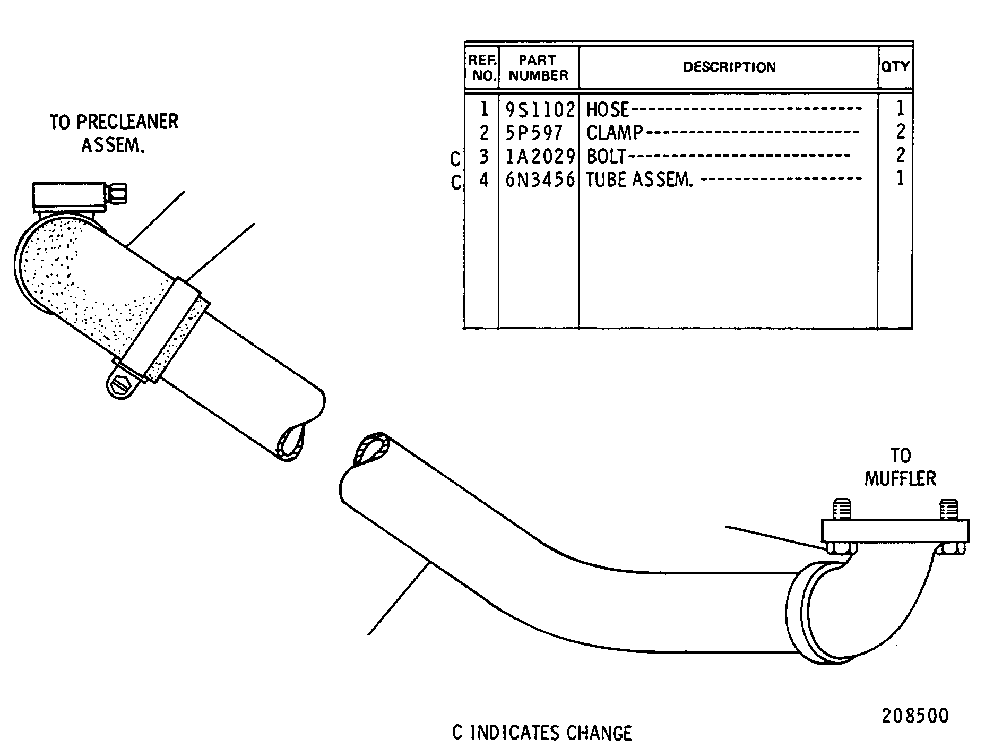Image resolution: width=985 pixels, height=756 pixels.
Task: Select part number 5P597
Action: point(533,132)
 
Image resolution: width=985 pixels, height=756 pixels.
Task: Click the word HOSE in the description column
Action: point(607,110)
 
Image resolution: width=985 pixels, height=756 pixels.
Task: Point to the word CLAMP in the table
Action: point(615,132)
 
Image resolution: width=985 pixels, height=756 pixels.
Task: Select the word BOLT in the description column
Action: point(607,156)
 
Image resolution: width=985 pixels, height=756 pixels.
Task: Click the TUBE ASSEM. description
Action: point(640,180)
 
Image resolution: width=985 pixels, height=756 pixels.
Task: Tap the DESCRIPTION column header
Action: point(729,67)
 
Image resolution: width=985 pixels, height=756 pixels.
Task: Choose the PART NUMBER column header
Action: point(538,68)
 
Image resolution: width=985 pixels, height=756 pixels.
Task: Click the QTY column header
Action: point(895,66)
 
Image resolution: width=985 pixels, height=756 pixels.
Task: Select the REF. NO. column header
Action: point(483,68)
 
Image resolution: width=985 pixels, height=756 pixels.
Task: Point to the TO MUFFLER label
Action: point(900,467)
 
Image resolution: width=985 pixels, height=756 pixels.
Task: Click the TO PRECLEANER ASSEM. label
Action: point(114,133)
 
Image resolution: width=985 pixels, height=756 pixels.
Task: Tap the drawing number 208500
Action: point(915,716)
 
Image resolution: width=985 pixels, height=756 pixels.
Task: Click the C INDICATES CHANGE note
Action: point(542,733)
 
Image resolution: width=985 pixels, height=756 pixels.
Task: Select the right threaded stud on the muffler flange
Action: point(948,509)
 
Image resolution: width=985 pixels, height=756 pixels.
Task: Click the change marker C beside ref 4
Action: point(456,183)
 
